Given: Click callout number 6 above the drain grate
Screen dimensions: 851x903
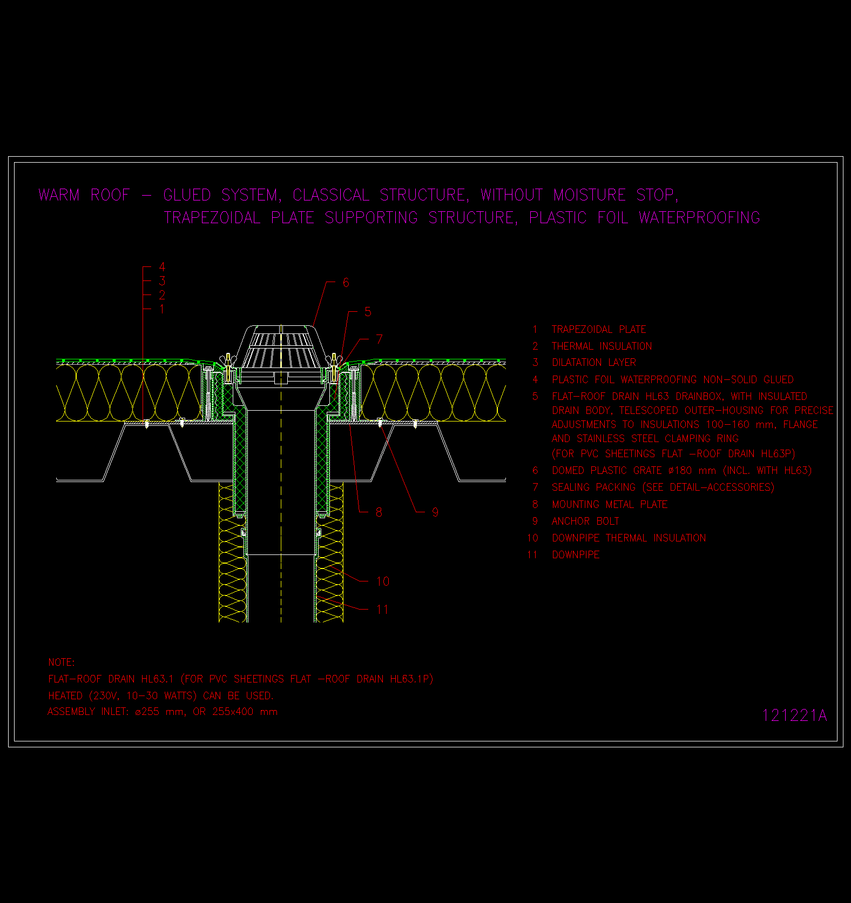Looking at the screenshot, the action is tap(346, 283).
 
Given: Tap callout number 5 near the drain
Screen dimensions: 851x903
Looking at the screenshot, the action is tap(368, 312).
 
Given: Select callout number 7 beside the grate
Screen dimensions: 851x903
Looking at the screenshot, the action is tap(379, 339).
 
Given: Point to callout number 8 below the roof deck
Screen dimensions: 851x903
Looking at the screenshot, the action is tap(379, 512).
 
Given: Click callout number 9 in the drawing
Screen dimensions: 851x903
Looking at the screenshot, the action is tap(435, 512).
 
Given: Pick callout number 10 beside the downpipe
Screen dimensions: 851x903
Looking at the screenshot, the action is tap(383, 581).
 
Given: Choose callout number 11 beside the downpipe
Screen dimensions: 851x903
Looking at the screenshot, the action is tap(382, 610).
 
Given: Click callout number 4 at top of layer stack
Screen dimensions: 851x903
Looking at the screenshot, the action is tap(162, 267).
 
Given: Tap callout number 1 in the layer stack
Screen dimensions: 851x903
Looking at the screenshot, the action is tap(162, 309).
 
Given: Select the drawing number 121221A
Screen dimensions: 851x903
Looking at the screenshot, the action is tap(794, 715).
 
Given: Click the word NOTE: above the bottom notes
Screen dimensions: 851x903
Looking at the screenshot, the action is tap(62, 663).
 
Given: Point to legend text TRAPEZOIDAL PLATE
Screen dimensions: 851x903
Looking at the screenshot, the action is tap(599, 330).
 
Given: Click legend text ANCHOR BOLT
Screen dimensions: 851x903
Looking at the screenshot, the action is tap(585, 521).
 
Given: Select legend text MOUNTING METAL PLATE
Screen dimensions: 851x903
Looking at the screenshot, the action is tap(610, 505).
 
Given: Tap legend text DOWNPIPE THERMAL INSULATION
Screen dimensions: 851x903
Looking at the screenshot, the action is tap(629, 538).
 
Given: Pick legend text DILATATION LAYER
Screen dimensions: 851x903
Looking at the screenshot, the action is tap(594, 363).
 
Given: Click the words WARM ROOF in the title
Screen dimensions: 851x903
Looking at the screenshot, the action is tap(84, 195).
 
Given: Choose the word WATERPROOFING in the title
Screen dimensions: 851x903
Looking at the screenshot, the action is tap(699, 218).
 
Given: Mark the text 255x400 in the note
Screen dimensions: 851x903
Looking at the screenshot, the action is tap(233, 712).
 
